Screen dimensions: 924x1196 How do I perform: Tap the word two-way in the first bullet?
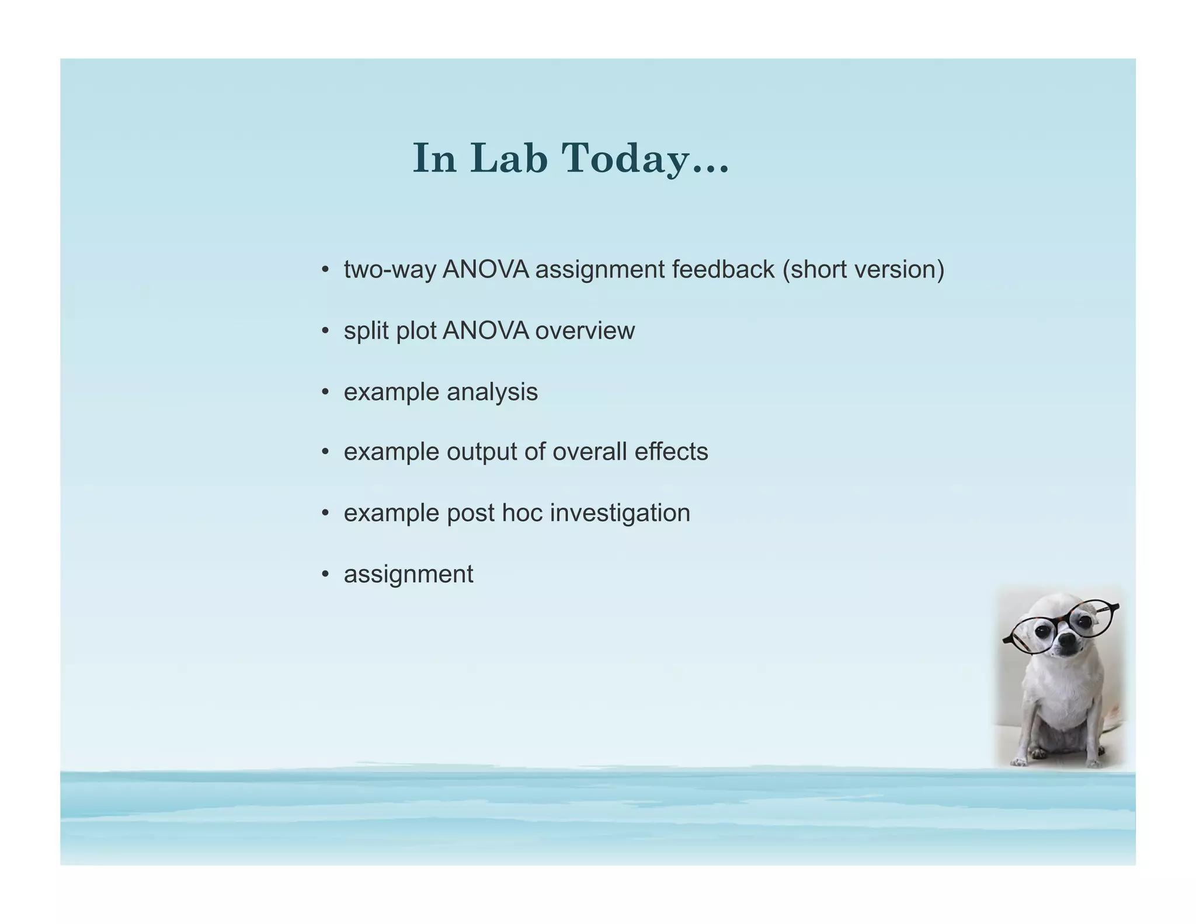click(x=390, y=270)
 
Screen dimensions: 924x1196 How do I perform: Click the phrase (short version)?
click(x=863, y=270)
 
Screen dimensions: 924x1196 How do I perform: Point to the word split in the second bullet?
click(x=366, y=331)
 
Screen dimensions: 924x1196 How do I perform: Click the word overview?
click(x=585, y=331)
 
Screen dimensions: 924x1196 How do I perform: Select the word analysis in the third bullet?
click(x=492, y=392)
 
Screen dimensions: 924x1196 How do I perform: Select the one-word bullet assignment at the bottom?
click(x=408, y=574)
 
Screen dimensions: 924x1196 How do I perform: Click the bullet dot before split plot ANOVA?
click(x=325, y=331)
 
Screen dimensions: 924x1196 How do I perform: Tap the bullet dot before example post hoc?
click(x=325, y=513)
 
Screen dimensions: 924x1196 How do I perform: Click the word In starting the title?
click(x=434, y=158)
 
